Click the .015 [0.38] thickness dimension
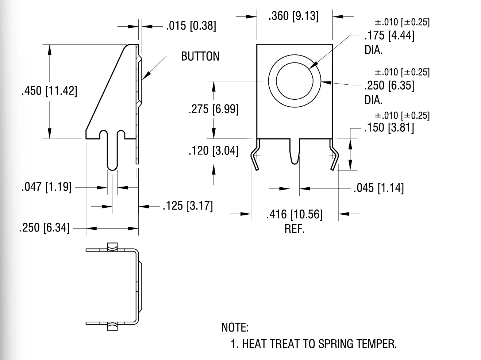(191, 26)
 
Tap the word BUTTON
(200, 56)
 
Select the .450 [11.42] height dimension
(50, 91)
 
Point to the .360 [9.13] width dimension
(293, 16)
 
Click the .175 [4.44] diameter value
(389, 36)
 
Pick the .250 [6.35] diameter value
(389, 85)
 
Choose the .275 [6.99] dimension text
(213, 109)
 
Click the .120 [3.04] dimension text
(213, 150)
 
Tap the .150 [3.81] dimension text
(389, 127)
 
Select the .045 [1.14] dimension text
(379, 188)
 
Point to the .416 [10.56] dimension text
(295, 214)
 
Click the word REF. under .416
(295, 229)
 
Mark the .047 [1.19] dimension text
(46, 187)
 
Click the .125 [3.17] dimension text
(188, 206)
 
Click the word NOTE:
(235, 327)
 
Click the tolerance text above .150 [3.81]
(402, 115)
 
